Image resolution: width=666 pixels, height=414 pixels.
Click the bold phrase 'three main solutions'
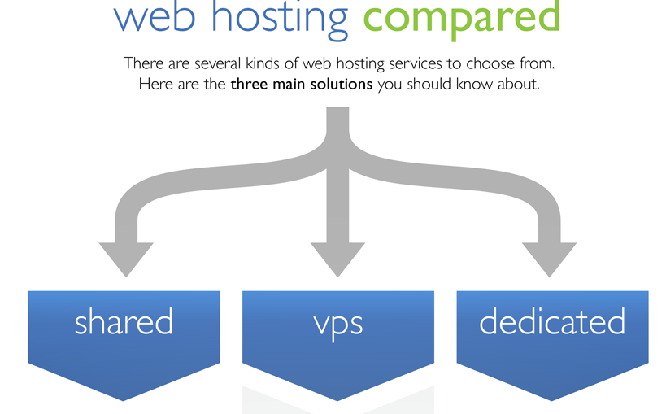pyautogui.click(x=301, y=85)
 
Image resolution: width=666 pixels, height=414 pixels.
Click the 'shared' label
pyautogui.click(x=124, y=322)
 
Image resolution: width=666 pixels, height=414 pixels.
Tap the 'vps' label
pyautogui.click(x=337, y=323)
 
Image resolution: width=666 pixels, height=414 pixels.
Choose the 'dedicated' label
pyautogui.click(x=552, y=322)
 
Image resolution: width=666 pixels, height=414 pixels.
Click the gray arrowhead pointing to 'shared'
pyautogui.click(x=126, y=259)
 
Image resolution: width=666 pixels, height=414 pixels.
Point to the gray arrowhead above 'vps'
pyautogui.click(x=337, y=259)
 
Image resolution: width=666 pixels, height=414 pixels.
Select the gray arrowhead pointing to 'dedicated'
pyautogui.click(x=550, y=259)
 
